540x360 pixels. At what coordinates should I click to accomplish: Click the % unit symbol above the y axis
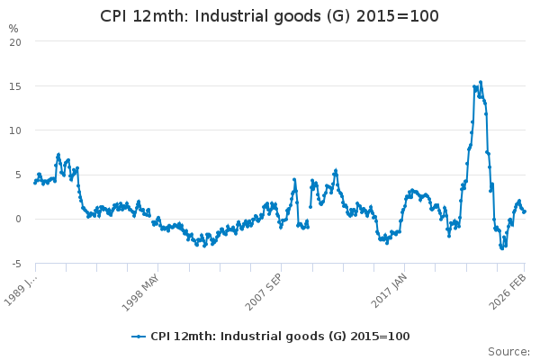pos(13,28)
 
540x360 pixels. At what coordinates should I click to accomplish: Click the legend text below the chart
pos(280,337)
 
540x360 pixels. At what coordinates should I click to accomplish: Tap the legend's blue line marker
pos(138,337)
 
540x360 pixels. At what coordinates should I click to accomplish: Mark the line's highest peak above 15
pos(481,82)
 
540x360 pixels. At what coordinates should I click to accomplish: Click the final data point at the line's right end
pos(524,211)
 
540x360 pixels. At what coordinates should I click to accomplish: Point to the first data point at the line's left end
pos(35,183)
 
